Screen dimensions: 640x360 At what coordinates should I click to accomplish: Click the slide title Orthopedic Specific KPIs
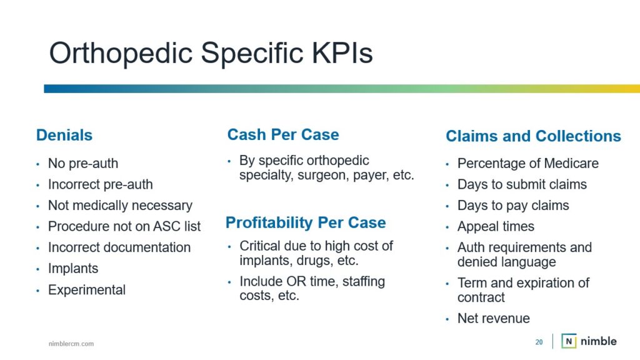[x=211, y=53]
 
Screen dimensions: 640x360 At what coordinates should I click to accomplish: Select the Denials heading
[x=64, y=135]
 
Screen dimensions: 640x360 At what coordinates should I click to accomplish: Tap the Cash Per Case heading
[x=283, y=135]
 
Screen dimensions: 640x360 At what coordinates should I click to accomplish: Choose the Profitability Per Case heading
[x=306, y=223]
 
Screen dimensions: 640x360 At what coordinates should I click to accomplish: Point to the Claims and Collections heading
[x=533, y=136]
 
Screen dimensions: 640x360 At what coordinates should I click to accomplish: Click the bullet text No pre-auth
[x=83, y=163]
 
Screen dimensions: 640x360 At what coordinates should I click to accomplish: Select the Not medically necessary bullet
[x=120, y=205]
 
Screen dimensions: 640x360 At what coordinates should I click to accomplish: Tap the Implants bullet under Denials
[x=73, y=269]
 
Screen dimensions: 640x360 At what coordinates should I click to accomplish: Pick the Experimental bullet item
[x=87, y=290]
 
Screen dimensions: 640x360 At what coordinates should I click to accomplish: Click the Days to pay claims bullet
[x=513, y=205]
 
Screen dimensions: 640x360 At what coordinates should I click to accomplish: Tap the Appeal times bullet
[x=496, y=226]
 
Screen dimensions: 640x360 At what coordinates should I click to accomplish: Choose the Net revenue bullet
[x=494, y=318]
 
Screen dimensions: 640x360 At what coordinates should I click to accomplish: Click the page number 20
[x=539, y=342]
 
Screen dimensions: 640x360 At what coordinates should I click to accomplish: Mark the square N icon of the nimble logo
[x=569, y=341]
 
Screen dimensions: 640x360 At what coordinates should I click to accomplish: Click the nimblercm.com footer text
[x=71, y=344]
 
